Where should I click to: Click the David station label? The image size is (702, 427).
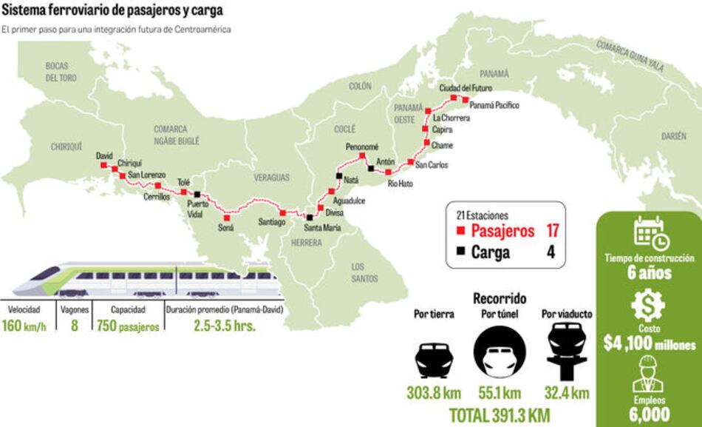pyautogui.click(x=104, y=156)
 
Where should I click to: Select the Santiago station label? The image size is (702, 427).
pyautogui.click(x=271, y=221)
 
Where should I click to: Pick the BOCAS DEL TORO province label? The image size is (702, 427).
pyautogui.click(x=61, y=72)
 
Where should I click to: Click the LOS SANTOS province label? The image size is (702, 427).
pyautogui.click(x=364, y=272)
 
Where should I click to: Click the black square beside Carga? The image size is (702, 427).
pyautogui.click(x=460, y=252)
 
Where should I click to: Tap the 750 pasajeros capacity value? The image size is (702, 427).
pyautogui.click(x=128, y=326)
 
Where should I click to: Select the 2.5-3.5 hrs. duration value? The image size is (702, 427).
pyautogui.click(x=225, y=326)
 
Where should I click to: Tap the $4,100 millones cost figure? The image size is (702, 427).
pyautogui.click(x=649, y=344)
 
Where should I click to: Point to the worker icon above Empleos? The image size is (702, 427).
pyautogui.click(x=648, y=374)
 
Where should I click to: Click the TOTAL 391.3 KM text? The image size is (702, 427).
pyautogui.click(x=501, y=414)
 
